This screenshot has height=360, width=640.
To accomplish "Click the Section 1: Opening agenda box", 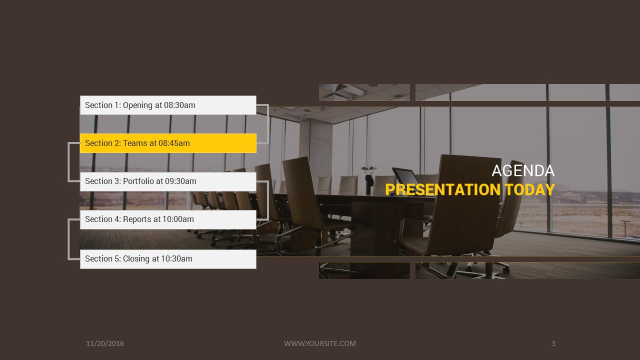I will (x=168, y=105).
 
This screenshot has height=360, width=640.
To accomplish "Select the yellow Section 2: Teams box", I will (x=168, y=143).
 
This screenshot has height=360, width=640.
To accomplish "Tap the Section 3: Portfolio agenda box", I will (x=168, y=181).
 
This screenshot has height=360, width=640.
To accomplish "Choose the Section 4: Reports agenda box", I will (x=168, y=219).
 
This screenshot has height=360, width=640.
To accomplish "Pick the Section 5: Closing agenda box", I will (x=168, y=258).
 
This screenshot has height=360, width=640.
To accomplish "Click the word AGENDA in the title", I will (x=523, y=171).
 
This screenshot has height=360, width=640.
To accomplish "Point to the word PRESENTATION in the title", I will (x=442, y=190).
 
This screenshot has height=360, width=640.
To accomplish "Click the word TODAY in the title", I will (x=529, y=190).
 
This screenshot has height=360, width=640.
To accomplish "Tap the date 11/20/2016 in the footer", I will (x=105, y=343).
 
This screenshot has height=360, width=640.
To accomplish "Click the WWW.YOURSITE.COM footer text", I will (x=320, y=343).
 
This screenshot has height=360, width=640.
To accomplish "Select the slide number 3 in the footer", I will (x=553, y=343).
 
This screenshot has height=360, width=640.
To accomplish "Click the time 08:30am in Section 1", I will (x=179, y=105).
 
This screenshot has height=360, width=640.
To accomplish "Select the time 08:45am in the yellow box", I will (x=174, y=143).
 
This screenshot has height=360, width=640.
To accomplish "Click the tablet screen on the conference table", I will (x=406, y=176).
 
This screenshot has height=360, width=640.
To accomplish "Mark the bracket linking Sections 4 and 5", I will (x=69, y=239).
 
